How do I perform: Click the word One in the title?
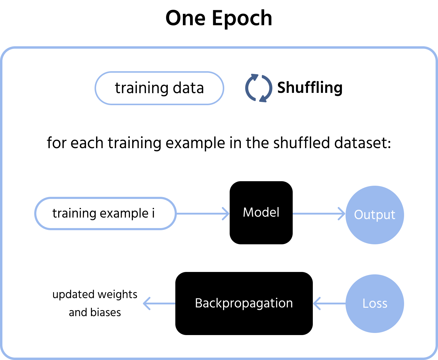pyautogui.click(x=186, y=18)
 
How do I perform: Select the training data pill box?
pyautogui.click(x=159, y=88)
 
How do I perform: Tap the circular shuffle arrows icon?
pyautogui.click(x=258, y=88)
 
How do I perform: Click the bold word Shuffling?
pyautogui.click(x=310, y=88)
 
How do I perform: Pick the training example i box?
pyautogui.click(x=105, y=213)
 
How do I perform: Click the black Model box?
pyautogui.click(x=261, y=213)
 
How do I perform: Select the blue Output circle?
pyautogui.click(x=375, y=215)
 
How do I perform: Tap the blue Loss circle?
pyautogui.click(x=375, y=304)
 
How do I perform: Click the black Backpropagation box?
pyautogui.click(x=244, y=304)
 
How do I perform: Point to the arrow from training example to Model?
pyautogui.click(x=203, y=213)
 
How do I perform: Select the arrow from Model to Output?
pyautogui.click(x=319, y=213)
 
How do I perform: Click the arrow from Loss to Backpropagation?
pyautogui.click(x=329, y=304)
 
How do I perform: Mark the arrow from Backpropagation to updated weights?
pyautogui.click(x=159, y=304)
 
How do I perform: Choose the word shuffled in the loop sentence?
pyautogui.click(x=301, y=143)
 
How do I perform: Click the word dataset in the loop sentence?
pyautogui.click(x=363, y=143)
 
